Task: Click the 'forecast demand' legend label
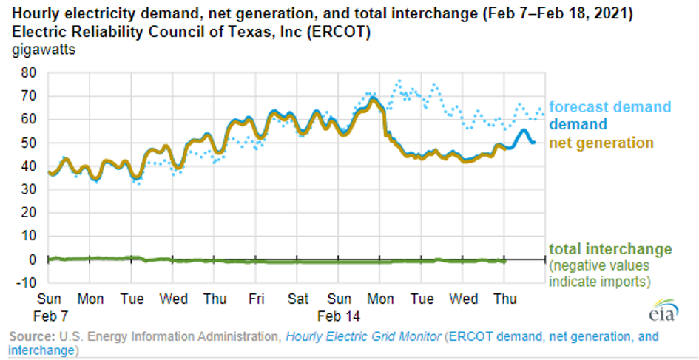609,107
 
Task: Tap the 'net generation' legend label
601,143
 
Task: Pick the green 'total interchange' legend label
610,249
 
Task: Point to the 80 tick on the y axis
29,72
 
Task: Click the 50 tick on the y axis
29,143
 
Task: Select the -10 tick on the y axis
26,283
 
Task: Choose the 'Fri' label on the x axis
257,300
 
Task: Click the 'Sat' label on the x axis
298,300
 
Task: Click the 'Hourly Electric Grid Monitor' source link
362,336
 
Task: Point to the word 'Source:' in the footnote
31,336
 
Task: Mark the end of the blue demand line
535,142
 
